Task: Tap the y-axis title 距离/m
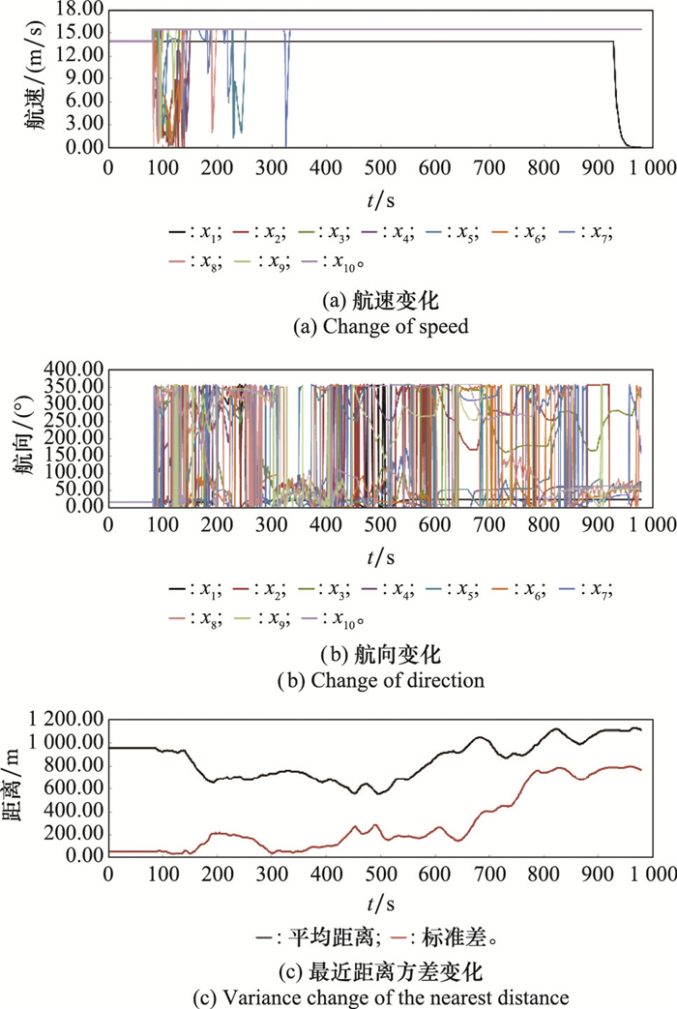click(x=21, y=787)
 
